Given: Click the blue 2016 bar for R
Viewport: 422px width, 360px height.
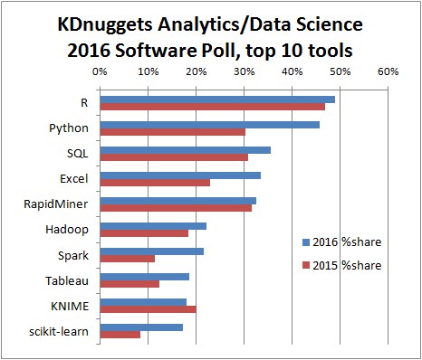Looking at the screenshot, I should pos(217,99).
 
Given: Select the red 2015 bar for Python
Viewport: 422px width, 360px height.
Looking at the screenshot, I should pos(172,132).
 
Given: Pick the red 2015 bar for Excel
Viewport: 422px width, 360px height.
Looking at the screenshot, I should pos(155,183).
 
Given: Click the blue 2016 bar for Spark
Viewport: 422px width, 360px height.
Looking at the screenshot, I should pos(151,251).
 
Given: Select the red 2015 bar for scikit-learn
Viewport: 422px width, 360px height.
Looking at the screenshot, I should pos(120,335).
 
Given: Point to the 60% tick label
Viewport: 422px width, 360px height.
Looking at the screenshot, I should pos(387,71).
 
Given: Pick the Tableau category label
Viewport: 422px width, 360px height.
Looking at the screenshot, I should pos(69,280).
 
